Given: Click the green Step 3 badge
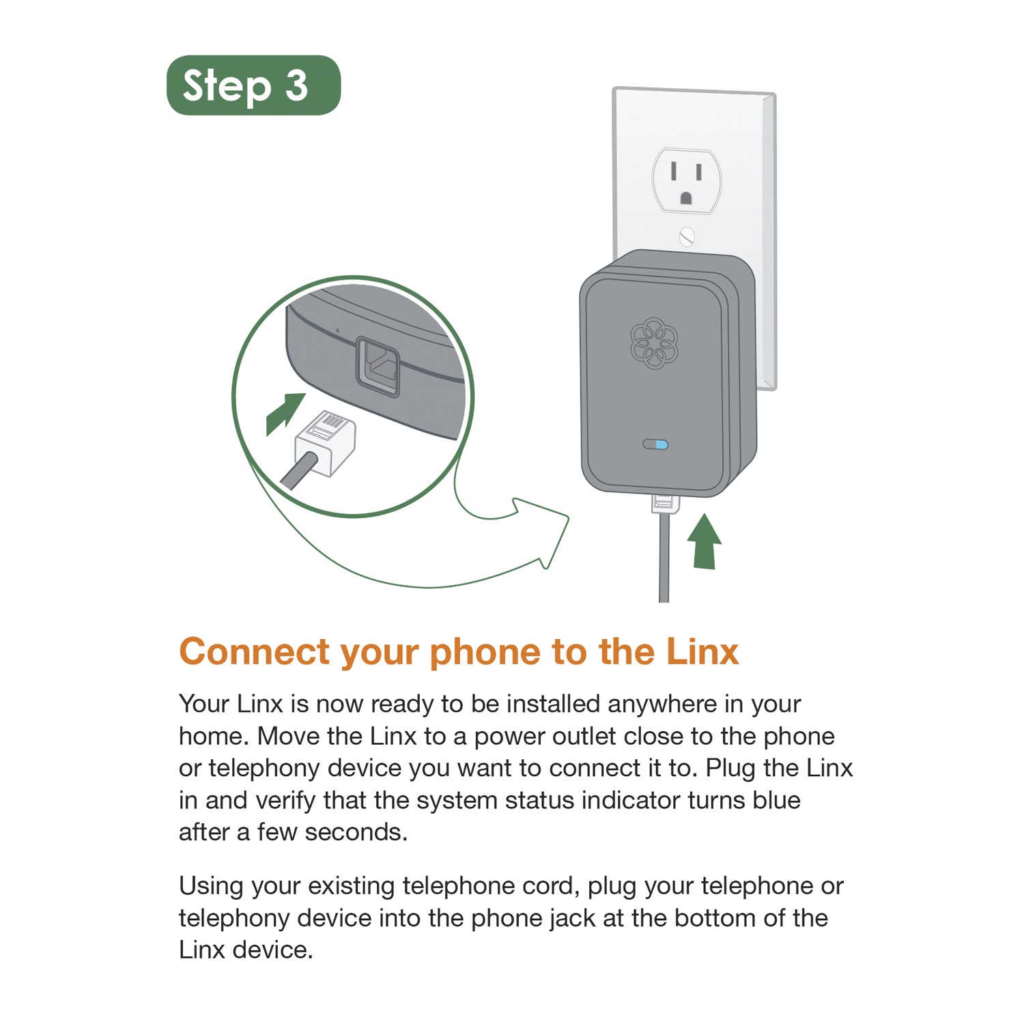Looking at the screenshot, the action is click(x=253, y=85).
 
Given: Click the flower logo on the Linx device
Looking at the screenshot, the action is click(x=654, y=343).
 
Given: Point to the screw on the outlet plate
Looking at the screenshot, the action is click(x=687, y=237).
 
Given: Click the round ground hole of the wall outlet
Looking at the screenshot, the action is click(x=686, y=198).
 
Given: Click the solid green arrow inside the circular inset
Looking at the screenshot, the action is click(x=285, y=413).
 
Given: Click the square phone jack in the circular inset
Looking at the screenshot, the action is click(x=378, y=367).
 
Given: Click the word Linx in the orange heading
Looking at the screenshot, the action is click(x=702, y=651).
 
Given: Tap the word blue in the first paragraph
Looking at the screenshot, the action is click(x=776, y=800).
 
